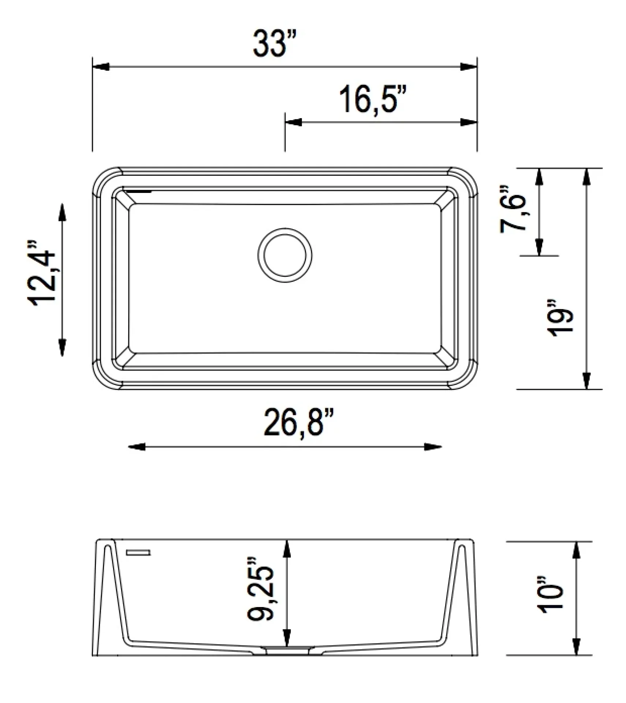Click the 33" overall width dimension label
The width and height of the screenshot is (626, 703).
pyautogui.click(x=275, y=44)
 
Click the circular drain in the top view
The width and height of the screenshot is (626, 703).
pyautogui.click(x=285, y=255)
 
